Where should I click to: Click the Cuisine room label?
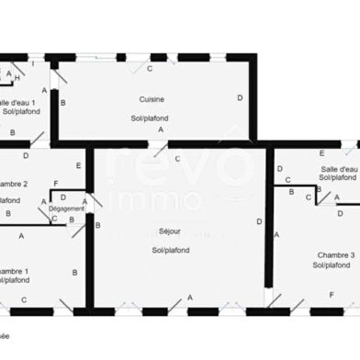(152, 99)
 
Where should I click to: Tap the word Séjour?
(170, 231)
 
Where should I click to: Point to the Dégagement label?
(67, 208)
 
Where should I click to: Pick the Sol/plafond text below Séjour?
(170, 250)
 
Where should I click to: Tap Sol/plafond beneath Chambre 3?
(332, 265)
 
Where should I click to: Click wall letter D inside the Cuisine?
(240, 97)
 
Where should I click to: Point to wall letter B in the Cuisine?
(62, 102)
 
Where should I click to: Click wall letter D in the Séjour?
(260, 221)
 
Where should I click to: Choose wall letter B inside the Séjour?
(97, 224)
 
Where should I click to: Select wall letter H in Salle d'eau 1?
(17, 79)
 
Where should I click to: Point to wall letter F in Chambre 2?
(56, 185)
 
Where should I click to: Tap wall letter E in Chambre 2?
(79, 165)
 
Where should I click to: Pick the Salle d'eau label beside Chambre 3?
(340, 169)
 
